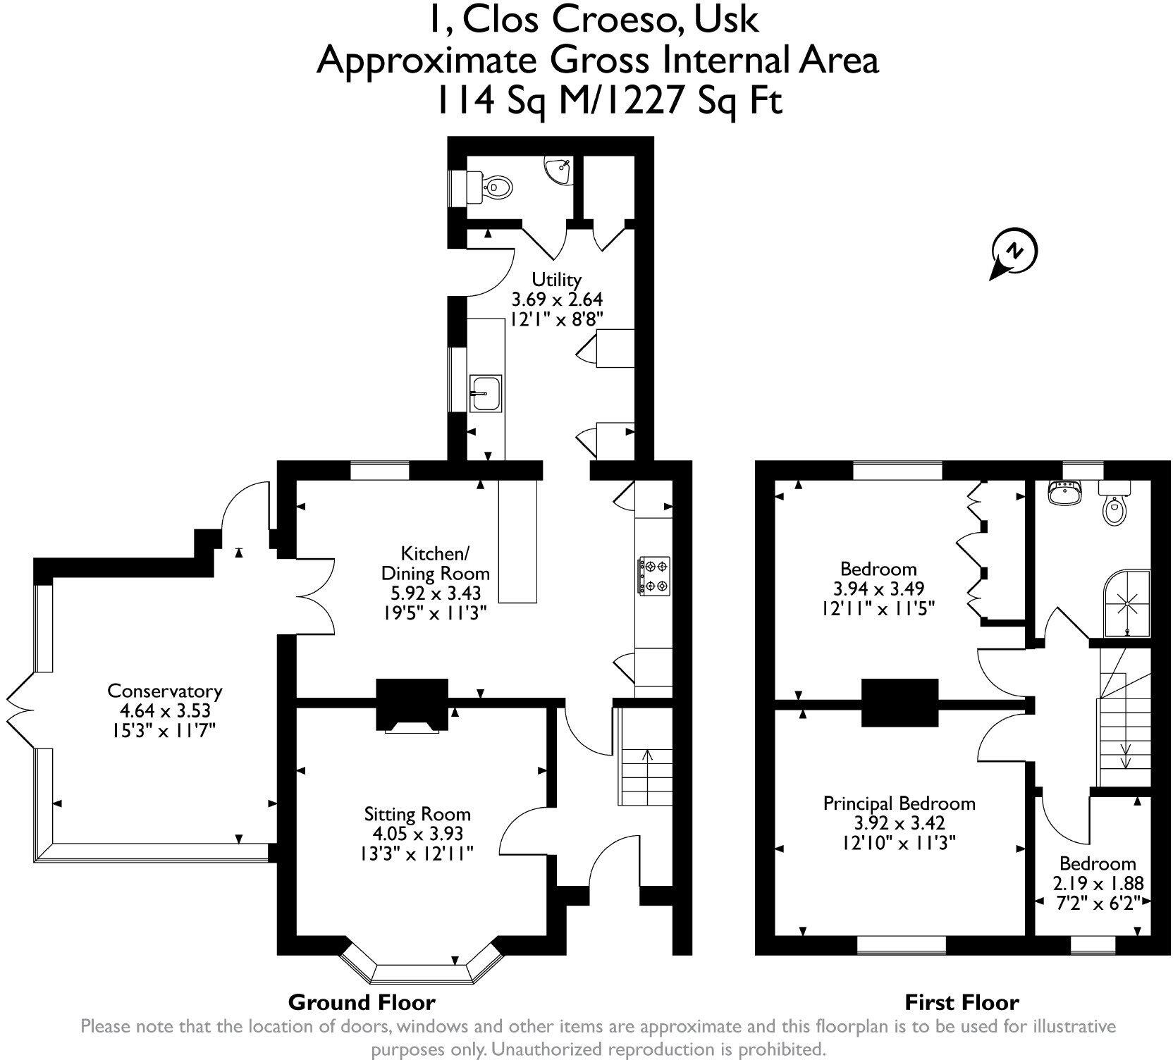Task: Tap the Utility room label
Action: [556, 278]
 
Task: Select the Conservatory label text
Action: [164, 691]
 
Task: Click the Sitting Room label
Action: [417, 814]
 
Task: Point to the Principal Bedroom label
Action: [899, 803]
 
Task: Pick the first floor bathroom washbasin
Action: [1064, 493]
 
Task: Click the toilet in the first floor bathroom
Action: [1114, 505]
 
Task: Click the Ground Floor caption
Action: [362, 1002]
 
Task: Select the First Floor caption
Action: [962, 1002]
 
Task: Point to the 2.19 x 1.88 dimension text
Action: [1098, 884]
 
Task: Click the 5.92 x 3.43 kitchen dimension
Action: [431, 593]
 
